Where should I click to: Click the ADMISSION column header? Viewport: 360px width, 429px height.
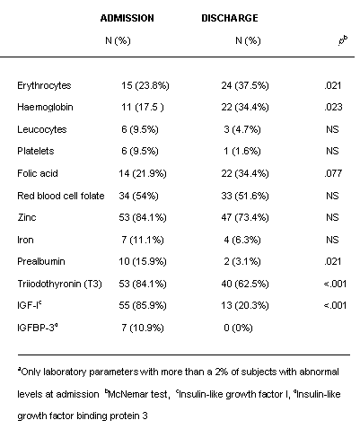tap(127, 18)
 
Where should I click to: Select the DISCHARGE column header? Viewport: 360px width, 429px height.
tap(230, 18)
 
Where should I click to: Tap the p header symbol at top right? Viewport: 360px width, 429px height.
tap(343, 40)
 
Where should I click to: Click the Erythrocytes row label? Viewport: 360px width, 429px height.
tap(44, 86)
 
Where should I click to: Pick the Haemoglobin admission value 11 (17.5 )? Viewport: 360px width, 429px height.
tap(143, 107)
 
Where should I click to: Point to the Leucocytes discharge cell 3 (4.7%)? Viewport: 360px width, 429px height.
tap(242, 129)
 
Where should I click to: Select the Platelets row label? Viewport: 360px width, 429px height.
tap(36, 151)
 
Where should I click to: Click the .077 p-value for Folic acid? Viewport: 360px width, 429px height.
tap(333, 173)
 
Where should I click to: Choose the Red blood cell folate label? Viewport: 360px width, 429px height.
tap(61, 196)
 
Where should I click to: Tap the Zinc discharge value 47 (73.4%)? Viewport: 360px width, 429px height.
tap(245, 217)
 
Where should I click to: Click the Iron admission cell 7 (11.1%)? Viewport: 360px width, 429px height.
tap(143, 240)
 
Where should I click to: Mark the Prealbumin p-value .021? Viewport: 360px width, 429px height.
tap(333, 261)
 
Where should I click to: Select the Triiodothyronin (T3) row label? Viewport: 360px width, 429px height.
tap(59, 284)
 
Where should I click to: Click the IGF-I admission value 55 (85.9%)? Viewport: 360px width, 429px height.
tap(143, 305)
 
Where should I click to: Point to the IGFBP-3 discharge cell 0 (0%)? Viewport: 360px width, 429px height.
tap(238, 328)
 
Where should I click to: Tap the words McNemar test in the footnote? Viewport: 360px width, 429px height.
tap(137, 394)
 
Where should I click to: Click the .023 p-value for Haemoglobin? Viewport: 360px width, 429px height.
tap(333, 107)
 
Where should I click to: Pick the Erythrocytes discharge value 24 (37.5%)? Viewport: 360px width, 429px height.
tap(245, 85)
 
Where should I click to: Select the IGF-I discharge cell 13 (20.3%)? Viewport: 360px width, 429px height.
tap(245, 305)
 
